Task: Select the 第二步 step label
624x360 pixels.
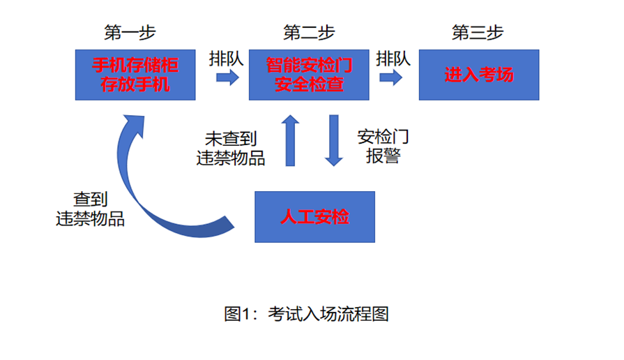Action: tap(309, 32)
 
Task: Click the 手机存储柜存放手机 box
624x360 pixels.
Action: tap(135, 75)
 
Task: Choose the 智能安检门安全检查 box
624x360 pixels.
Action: tap(309, 75)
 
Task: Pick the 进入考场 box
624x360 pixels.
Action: tap(478, 75)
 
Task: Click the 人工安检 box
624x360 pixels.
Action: tap(314, 217)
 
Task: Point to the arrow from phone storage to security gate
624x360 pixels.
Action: tap(227, 77)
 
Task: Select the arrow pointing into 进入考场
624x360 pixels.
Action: tap(391, 77)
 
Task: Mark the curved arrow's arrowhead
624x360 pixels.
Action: tap(132, 126)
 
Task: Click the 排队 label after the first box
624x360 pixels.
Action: tap(226, 58)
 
